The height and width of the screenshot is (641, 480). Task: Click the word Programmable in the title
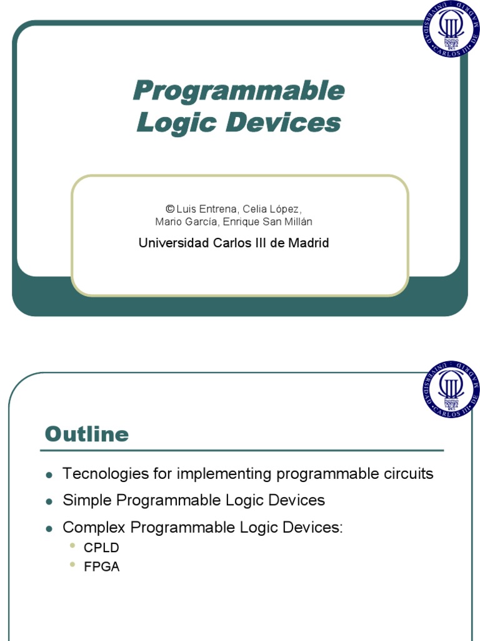[x=238, y=91]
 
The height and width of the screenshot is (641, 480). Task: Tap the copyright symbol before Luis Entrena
[x=169, y=208]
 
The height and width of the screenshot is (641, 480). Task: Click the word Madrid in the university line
[x=308, y=243]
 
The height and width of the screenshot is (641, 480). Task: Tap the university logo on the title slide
[x=451, y=29]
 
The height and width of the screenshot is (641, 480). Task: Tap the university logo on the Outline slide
[x=451, y=389]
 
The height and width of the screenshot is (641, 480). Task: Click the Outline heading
[x=87, y=434]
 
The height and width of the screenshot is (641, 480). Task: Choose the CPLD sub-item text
[x=101, y=548]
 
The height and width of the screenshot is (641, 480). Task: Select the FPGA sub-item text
[x=101, y=567]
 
